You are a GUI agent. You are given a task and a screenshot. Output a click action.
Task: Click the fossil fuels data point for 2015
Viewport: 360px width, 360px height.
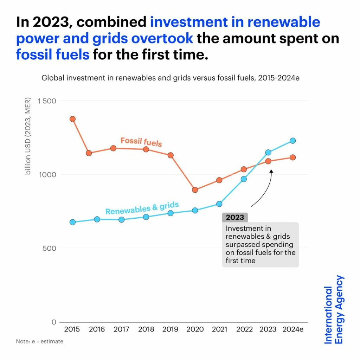72,119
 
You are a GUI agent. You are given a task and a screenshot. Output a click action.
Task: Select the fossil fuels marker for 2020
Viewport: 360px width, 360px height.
195,190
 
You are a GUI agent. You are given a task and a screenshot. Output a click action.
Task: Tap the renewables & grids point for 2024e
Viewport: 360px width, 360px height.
292,141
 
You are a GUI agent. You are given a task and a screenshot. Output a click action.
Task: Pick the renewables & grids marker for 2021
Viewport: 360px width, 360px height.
219,204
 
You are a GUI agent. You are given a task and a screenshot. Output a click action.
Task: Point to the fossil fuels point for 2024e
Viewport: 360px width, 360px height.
292,157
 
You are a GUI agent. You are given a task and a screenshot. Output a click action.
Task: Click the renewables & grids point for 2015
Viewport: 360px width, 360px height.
72,222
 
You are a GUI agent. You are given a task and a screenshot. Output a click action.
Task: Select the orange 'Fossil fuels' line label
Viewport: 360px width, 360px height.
141,142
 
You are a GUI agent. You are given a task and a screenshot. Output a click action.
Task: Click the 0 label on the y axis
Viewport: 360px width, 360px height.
54,322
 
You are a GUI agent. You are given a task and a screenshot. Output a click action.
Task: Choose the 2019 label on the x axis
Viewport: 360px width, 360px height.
171,329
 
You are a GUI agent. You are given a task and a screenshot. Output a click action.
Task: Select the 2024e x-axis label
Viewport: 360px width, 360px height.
292,329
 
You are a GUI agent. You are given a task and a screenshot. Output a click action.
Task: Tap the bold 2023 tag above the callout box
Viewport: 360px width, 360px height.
235,217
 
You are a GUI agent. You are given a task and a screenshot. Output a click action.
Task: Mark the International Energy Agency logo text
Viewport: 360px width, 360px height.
334,309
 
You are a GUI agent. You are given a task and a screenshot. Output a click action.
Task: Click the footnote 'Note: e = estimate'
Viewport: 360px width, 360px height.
40,341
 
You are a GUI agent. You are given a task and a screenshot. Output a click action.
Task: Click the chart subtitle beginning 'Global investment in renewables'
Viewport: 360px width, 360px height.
171,78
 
